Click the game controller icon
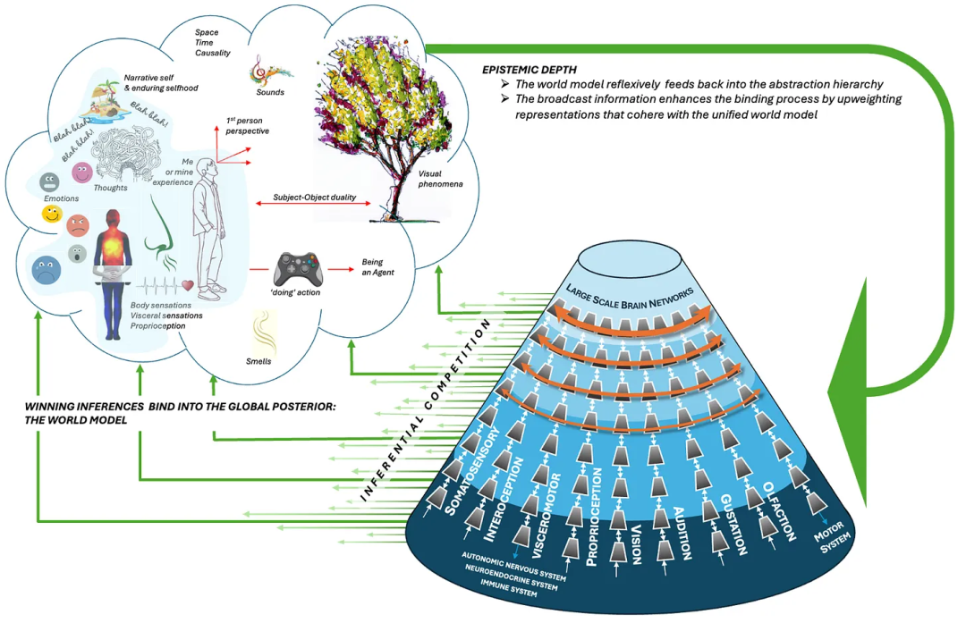[x=297, y=268]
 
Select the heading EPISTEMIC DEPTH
[x=529, y=69]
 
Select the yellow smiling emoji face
[x=52, y=215]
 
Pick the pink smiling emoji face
[x=82, y=172]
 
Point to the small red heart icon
[x=188, y=286]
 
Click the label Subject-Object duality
[x=313, y=196]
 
